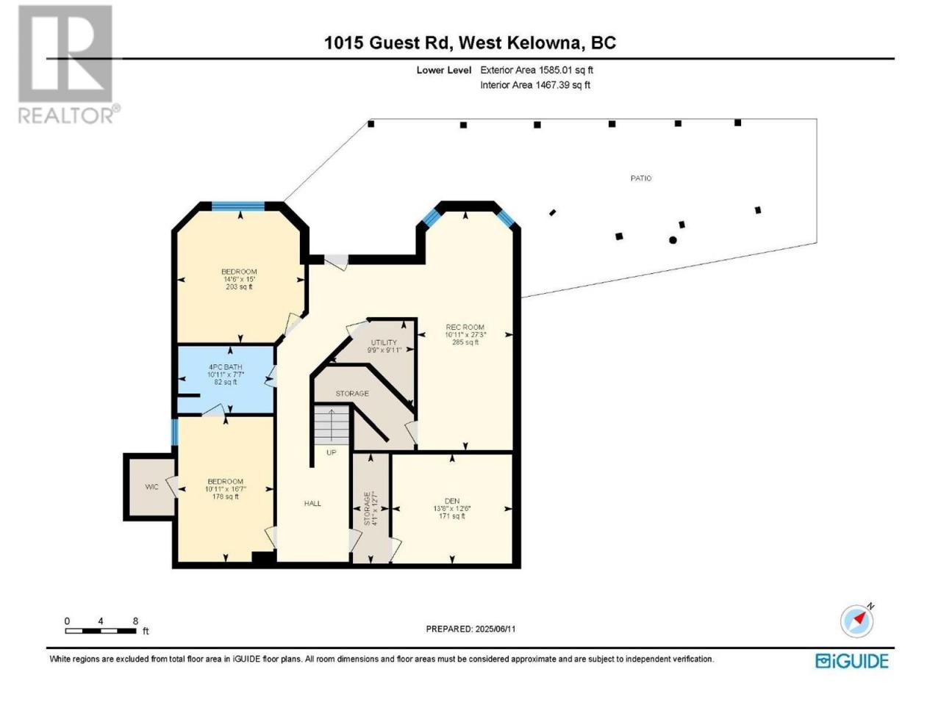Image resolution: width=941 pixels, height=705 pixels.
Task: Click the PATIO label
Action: [640, 178]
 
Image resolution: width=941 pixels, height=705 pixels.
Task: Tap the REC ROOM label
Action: [465, 327]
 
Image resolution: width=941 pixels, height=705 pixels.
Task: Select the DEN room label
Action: [452, 501]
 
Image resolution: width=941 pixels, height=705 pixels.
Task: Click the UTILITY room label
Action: [384, 342]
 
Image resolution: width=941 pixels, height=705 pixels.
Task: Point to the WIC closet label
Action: [151, 487]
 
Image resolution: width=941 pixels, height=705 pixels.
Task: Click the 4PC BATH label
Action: [225, 367]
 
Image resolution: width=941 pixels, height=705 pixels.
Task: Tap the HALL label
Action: [312, 503]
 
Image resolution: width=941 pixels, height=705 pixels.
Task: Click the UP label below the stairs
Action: [332, 452]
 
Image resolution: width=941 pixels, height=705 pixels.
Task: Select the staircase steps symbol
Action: [332, 424]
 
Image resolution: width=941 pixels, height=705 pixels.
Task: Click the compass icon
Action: [856, 621]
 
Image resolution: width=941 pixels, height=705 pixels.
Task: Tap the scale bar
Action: [101, 631]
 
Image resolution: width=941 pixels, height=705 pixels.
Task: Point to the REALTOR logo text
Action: [68, 115]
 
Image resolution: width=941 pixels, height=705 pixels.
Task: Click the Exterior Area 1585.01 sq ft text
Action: [537, 70]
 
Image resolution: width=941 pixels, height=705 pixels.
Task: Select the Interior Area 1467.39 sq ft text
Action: [535, 85]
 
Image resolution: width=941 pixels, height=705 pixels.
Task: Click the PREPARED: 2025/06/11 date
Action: [470, 629]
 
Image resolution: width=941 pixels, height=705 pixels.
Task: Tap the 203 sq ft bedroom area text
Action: [239, 287]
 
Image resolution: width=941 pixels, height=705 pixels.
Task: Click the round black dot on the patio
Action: [673, 240]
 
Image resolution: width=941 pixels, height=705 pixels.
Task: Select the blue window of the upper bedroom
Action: [238, 206]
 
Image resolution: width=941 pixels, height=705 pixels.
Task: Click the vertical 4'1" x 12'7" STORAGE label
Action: [370, 508]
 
